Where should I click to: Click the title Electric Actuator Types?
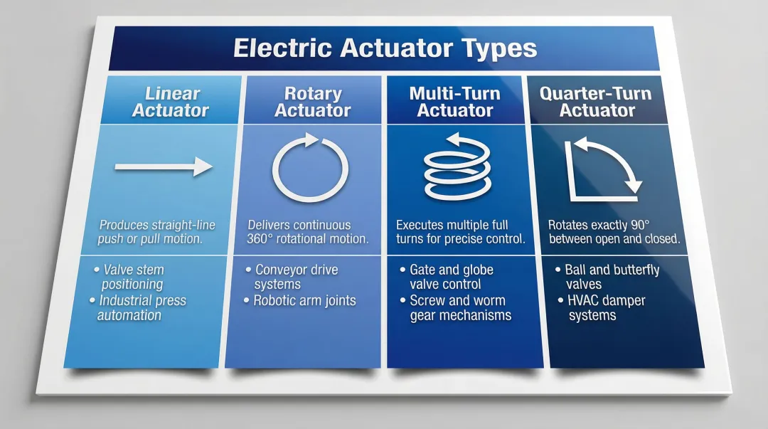(x=385, y=48)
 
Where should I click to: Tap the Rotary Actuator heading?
(x=313, y=102)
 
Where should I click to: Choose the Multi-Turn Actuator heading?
(x=455, y=102)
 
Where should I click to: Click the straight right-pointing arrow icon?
(x=164, y=167)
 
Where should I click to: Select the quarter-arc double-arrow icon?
(x=602, y=168)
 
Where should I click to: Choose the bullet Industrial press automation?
(x=142, y=307)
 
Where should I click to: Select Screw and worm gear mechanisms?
(x=459, y=307)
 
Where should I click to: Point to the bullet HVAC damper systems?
(x=606, y=307)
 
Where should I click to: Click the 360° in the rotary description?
(x=260, y=240)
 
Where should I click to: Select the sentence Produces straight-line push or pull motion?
(x=157, y=232)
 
